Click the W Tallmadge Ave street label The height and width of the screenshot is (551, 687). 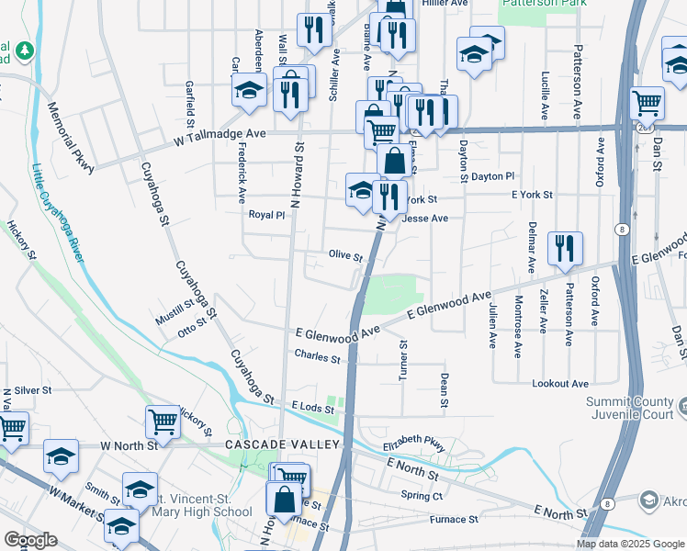[x=220, y=133]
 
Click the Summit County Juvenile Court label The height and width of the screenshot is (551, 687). [x=633, y=409]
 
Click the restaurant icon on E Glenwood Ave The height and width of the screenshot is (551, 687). [x=564, y=248]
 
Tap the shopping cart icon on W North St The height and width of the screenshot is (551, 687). [x=163, y=422]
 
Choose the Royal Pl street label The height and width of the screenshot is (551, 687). [x=267, y=215]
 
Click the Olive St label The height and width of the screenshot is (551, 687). [x=345, y=255]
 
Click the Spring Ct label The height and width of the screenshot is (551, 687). [x=422, y=496]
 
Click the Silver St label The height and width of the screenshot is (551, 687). [x=32, y=390]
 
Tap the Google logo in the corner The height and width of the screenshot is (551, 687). [x=31, y=539]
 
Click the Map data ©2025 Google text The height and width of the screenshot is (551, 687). [x=629, y=544]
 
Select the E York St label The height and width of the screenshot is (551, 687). [x=532, y=195]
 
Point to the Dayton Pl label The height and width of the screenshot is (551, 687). [x=492, y=175]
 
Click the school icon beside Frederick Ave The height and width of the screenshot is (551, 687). [x=249, y=91]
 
